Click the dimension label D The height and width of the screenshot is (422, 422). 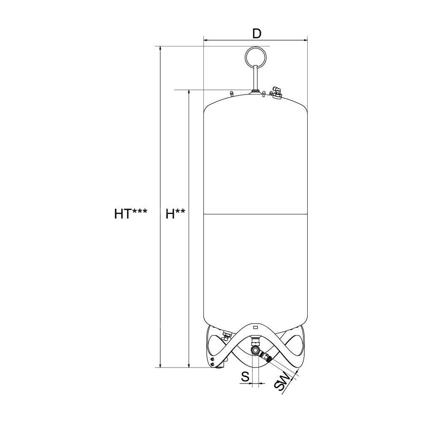[257, 34]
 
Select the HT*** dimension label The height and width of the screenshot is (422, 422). [131, 214]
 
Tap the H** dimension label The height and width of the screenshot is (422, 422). [175, 214]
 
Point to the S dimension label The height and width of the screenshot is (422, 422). [245, 377]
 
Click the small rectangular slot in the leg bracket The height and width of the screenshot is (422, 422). [256, 327]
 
